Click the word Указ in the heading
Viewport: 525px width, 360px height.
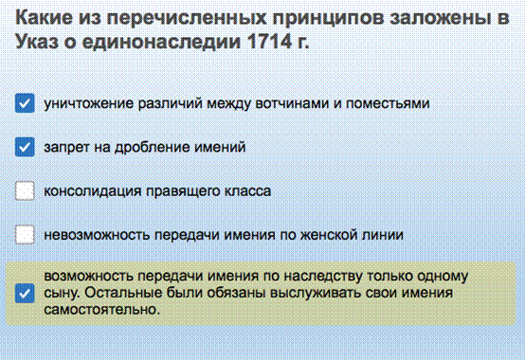pyautogui.click(x=37, y=42)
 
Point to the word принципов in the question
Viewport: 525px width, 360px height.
pyautogui.click(x=328, y=18)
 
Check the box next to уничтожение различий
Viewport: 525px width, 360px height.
pyautogui.click(x=25, y=103)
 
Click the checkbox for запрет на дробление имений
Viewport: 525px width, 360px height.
pyautogui.click(x=25, y=147)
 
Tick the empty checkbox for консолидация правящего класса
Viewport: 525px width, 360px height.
pyautogui.click(x=25, y=190)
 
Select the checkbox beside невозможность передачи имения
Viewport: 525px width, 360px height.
pyautogui.click(x=25, y=235)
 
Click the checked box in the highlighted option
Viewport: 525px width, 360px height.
pyautogui.click(x=25, y=294)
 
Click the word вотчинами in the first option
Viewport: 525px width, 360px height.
pyautogui.click(x=292, y=103)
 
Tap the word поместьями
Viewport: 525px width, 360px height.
pyautogui.click(x=388, y=103)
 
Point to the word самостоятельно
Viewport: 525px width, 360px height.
pyautogui.click(x=102, y=310)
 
